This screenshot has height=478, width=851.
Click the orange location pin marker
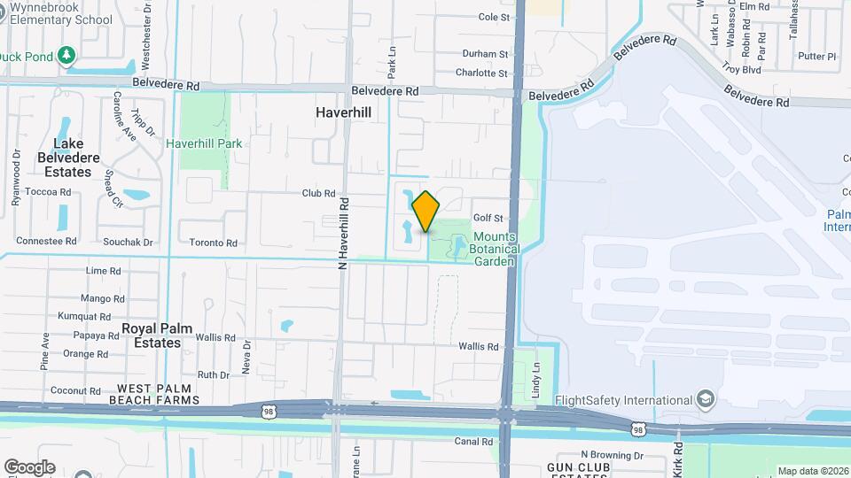426,211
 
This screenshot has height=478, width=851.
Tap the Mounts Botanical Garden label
494,249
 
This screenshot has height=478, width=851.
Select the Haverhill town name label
343,113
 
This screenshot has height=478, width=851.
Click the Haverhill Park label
204,143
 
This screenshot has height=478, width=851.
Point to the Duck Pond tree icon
66,56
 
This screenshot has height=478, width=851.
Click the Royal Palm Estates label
152,335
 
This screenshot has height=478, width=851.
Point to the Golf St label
488,218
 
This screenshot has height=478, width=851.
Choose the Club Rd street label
318,193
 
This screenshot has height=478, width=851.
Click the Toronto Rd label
213,243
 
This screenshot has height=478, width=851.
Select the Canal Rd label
473,442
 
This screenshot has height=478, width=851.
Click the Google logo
29,467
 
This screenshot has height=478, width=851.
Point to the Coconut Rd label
75,390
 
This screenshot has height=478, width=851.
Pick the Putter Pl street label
816,57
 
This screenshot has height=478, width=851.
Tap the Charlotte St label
481,73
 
